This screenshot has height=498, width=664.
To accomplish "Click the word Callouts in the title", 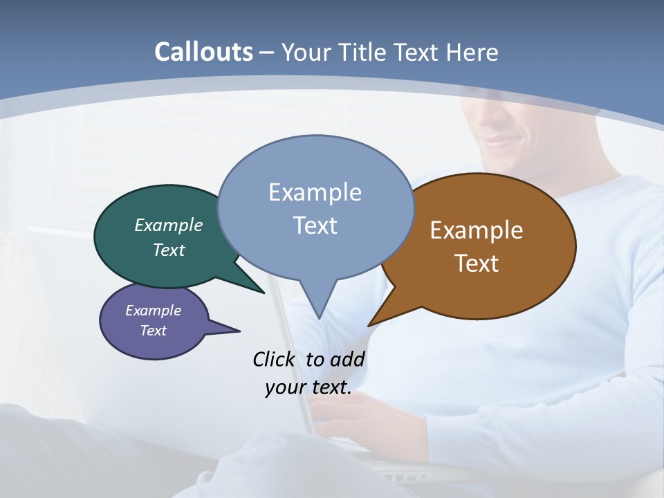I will [x=203, y=52].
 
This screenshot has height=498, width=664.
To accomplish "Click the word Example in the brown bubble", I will [x=477, y=230].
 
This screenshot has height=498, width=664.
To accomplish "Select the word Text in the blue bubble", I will [x=315, y=225].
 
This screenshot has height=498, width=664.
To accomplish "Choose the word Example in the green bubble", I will [x=168, y=225].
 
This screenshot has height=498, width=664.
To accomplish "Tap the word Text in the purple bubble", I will [x=153, y=331].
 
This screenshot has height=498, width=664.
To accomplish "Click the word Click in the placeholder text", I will [x=276, y=359].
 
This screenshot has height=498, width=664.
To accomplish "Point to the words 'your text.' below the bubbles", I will [x=308, y=387].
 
